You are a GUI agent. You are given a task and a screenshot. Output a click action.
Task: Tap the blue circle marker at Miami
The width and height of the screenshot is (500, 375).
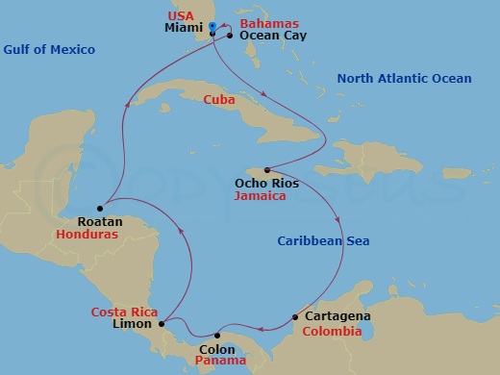[212, 26]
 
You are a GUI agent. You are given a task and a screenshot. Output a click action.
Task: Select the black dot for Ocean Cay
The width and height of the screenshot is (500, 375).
[230, 35]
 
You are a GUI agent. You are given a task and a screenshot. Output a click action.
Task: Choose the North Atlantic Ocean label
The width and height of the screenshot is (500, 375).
[405, 78]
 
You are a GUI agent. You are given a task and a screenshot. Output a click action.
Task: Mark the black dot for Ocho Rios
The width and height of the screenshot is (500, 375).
[267, 170]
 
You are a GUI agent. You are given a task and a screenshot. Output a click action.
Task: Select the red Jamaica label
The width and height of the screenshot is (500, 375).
[261, 195]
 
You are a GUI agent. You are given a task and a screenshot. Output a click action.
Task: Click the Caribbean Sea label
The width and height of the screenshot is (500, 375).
[324, 240]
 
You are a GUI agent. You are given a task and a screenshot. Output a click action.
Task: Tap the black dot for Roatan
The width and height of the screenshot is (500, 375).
[100, 208]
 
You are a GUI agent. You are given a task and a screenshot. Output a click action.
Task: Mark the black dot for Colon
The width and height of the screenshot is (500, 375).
[217, 336]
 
